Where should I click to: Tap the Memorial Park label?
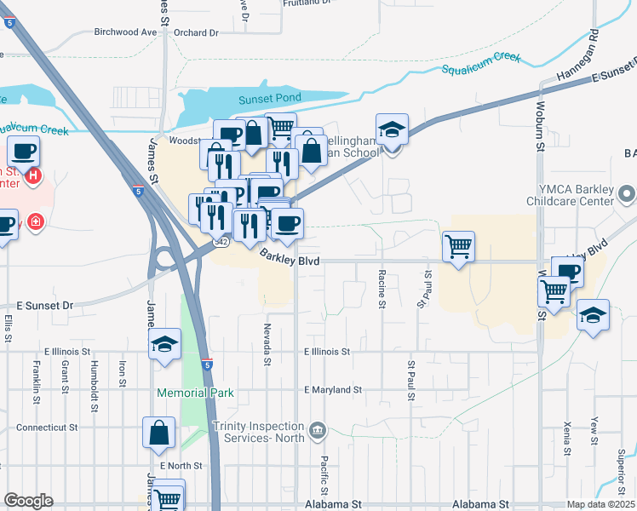point(195,393)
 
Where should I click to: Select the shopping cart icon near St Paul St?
point(458,247)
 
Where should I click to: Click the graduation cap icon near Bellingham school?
point(392,130)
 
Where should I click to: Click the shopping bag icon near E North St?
point(158,433)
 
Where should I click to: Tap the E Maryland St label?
point(333,390)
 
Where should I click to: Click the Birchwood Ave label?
point(126,32)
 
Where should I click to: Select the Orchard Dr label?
point(195,33)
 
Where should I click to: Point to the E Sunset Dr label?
point(45,304)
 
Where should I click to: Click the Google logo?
point(28,501)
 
